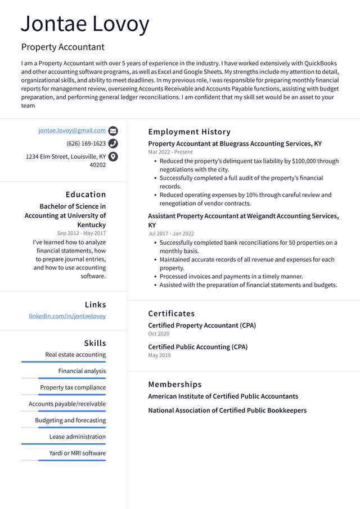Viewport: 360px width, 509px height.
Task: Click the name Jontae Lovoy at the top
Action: click(85, 25)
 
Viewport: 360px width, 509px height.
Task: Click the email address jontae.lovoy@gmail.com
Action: click(72, 130)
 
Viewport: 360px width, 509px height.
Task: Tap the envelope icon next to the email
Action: click(113, 130)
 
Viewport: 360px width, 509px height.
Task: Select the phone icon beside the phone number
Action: click(113, 143)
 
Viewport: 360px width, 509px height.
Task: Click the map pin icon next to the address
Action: click(113, 157)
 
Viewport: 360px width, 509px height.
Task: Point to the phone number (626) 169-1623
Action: click(86, 143)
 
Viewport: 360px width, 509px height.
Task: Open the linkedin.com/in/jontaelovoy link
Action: click(67, 316)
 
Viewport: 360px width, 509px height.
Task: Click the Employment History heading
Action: click(189, 132)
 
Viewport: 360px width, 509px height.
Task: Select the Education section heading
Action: click(85, 194)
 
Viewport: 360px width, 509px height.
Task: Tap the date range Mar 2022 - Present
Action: click(170, 152)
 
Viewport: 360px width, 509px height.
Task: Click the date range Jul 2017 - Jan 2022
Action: click(171, 233)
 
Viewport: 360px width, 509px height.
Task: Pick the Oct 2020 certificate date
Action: click(159, 334)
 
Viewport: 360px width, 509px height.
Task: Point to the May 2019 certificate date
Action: click(159, 355)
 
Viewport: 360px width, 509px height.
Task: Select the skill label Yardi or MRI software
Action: click(77, 453)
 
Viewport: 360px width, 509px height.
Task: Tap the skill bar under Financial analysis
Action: click(64, 378)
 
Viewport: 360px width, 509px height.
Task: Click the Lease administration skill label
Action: click(77, 436)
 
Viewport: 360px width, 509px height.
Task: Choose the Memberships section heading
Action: click(174, 384)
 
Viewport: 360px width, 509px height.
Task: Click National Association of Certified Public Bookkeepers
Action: click(227, 410)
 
